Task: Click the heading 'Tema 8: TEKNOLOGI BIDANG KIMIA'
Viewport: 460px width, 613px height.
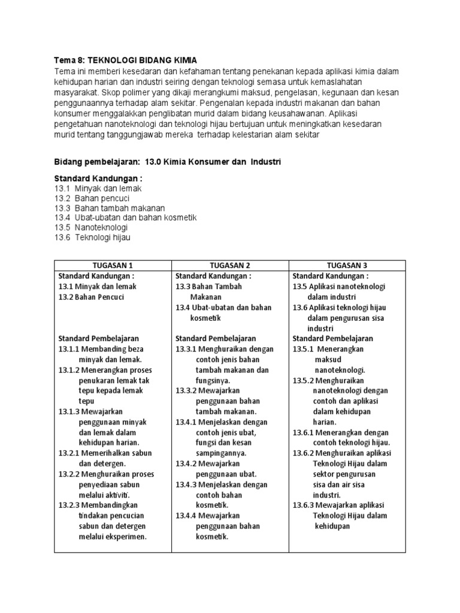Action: (x=125, y=61)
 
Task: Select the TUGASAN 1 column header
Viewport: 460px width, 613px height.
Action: (x=113, y=266)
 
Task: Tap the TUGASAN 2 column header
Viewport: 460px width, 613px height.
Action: (x=230, y=266)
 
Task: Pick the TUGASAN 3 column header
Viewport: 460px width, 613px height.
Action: (x=347, y=266)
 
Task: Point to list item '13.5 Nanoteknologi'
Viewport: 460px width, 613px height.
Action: (x=90, y=227)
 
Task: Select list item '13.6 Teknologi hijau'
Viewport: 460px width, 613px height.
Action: (x=92, y=237)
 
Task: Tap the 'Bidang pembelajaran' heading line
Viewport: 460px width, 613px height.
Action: (x=167, y=162)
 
